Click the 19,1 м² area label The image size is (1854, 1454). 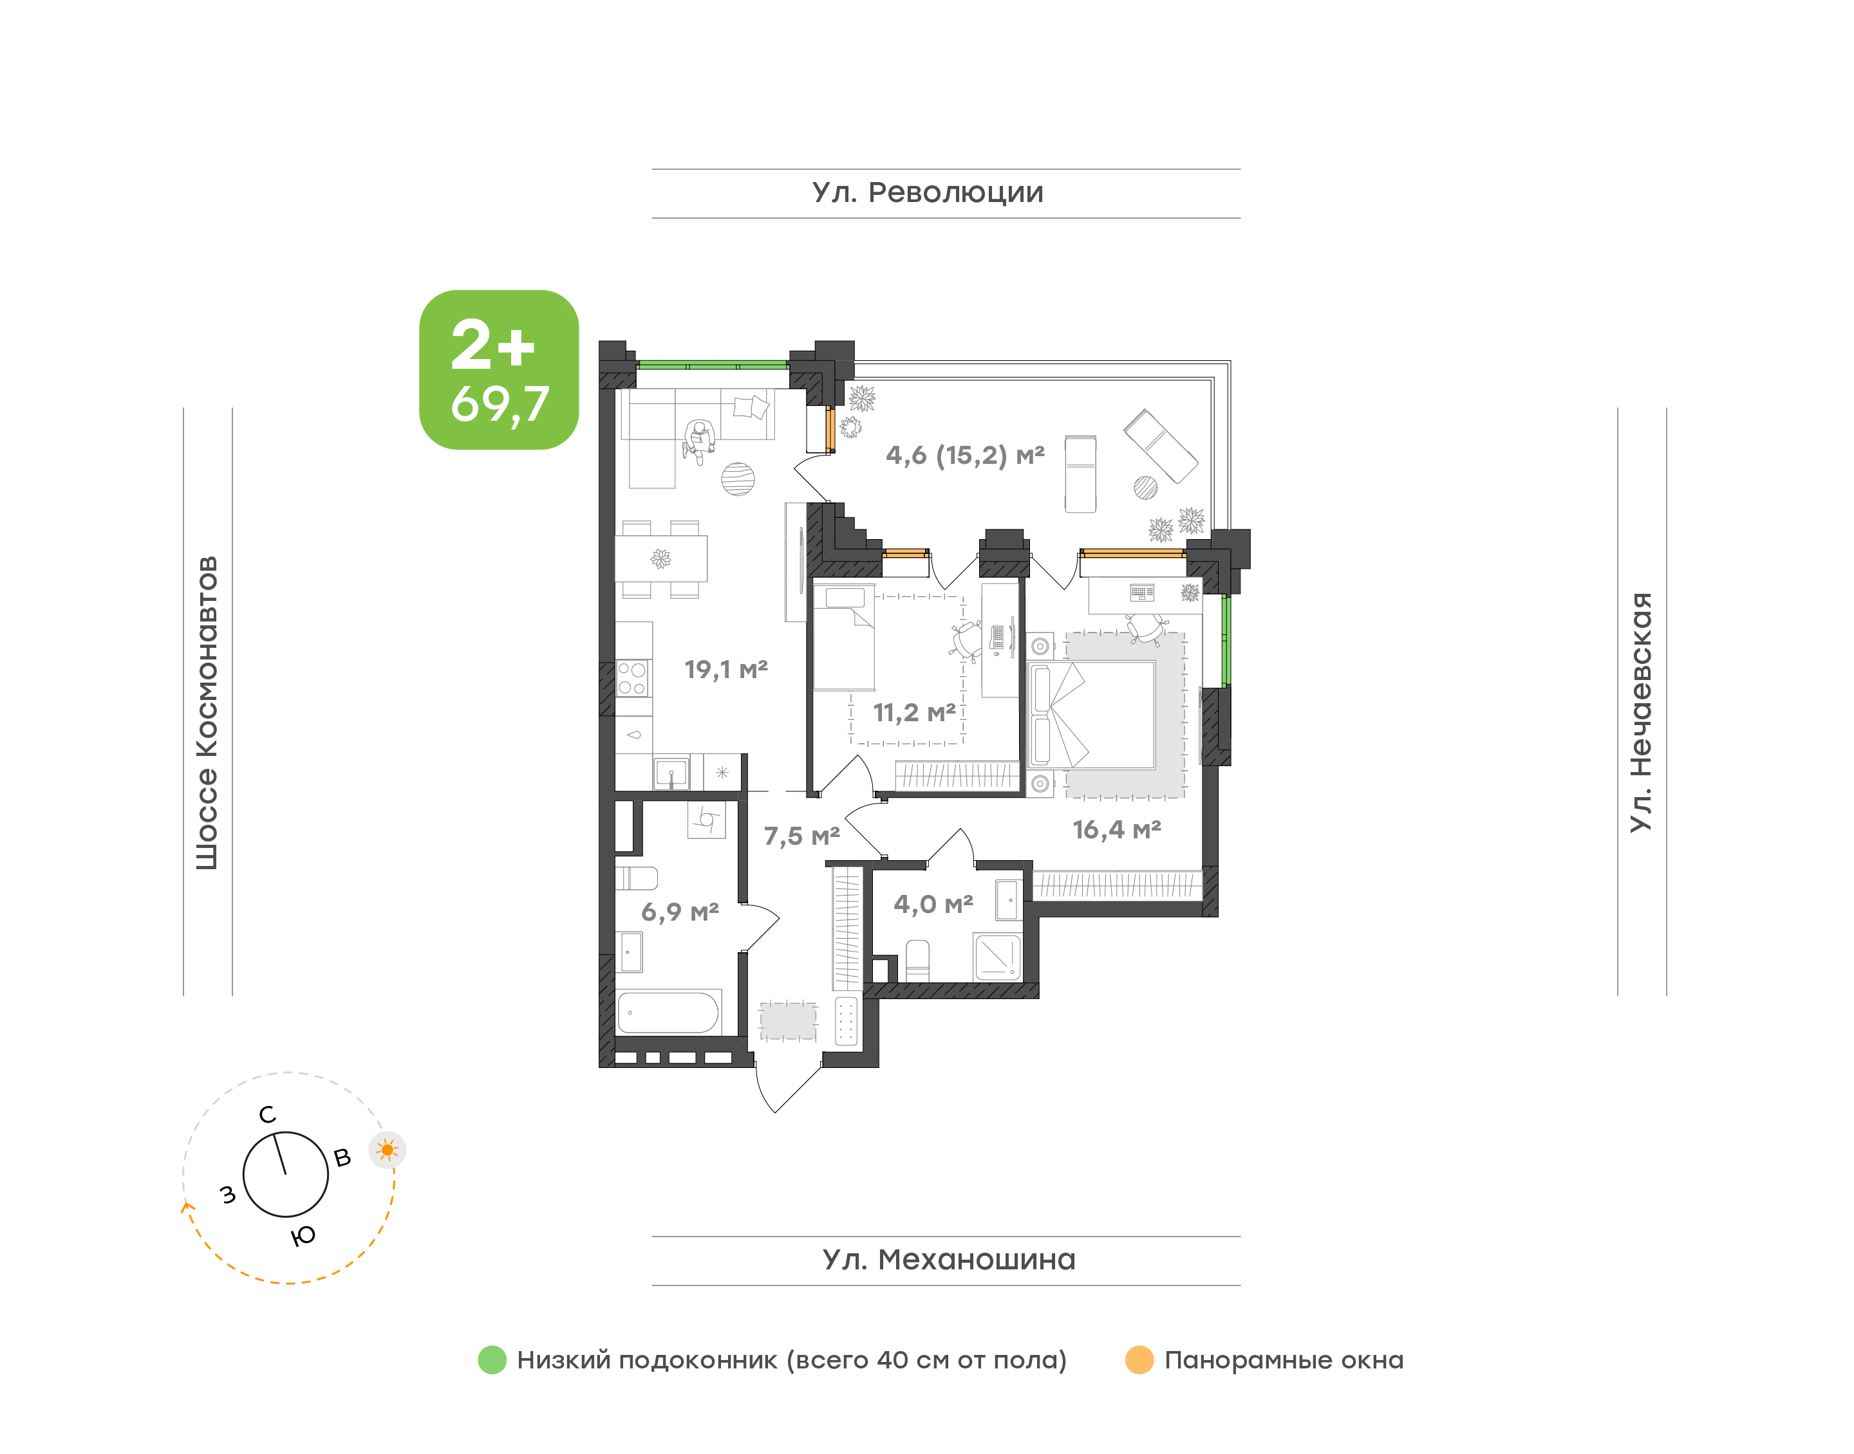pos(726,669)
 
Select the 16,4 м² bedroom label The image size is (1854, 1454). pos(1116,829)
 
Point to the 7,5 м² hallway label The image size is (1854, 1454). pos(801,836)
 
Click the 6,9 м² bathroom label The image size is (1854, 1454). pos(680,912)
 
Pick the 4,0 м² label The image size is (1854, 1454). pos(933,904)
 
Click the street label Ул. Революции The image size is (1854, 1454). pos(928,193)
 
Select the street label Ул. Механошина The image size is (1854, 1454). pos(949,1260)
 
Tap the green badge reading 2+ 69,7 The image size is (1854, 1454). pos(499,369)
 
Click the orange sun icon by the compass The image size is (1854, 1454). pos(388,1150)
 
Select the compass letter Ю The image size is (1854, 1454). pos(303,1235)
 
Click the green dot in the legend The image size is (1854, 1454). pos(492,1359)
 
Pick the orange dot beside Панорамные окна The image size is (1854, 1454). pos(1139,1359)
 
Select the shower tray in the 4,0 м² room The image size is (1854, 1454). pos(997,957)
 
